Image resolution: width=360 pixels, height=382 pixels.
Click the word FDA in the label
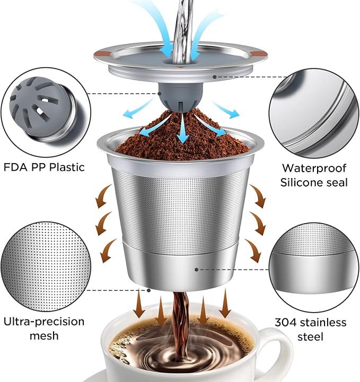click(15, 167)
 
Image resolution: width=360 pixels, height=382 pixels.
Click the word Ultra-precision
click(43, 322)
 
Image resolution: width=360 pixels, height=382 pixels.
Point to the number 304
click(286, 323)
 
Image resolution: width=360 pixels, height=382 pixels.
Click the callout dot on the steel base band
click(197, 270)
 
